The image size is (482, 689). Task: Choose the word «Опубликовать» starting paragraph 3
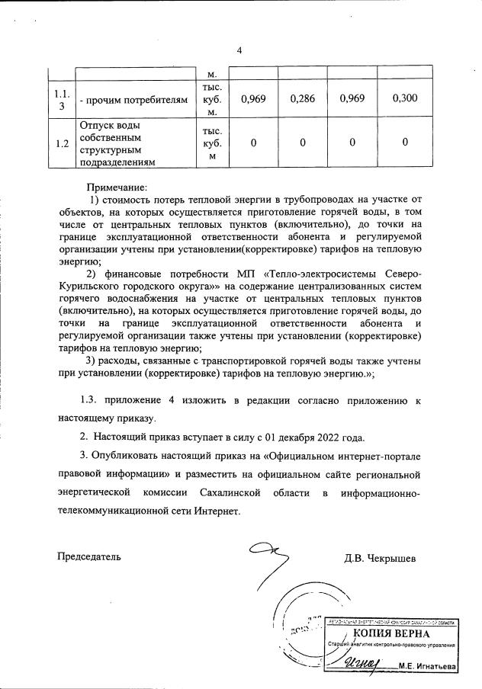pyautogui.click(x=126, y=456)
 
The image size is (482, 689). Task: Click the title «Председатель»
pyautogui.click(x=89, y=556)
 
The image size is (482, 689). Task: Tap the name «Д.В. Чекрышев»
pyautogui.click(x=380, y=557)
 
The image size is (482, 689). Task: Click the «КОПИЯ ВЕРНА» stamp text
pyautogui.click(x=391, y=634)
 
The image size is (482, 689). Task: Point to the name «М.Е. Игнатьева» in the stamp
pyautogui.click(x=427, y=665)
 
